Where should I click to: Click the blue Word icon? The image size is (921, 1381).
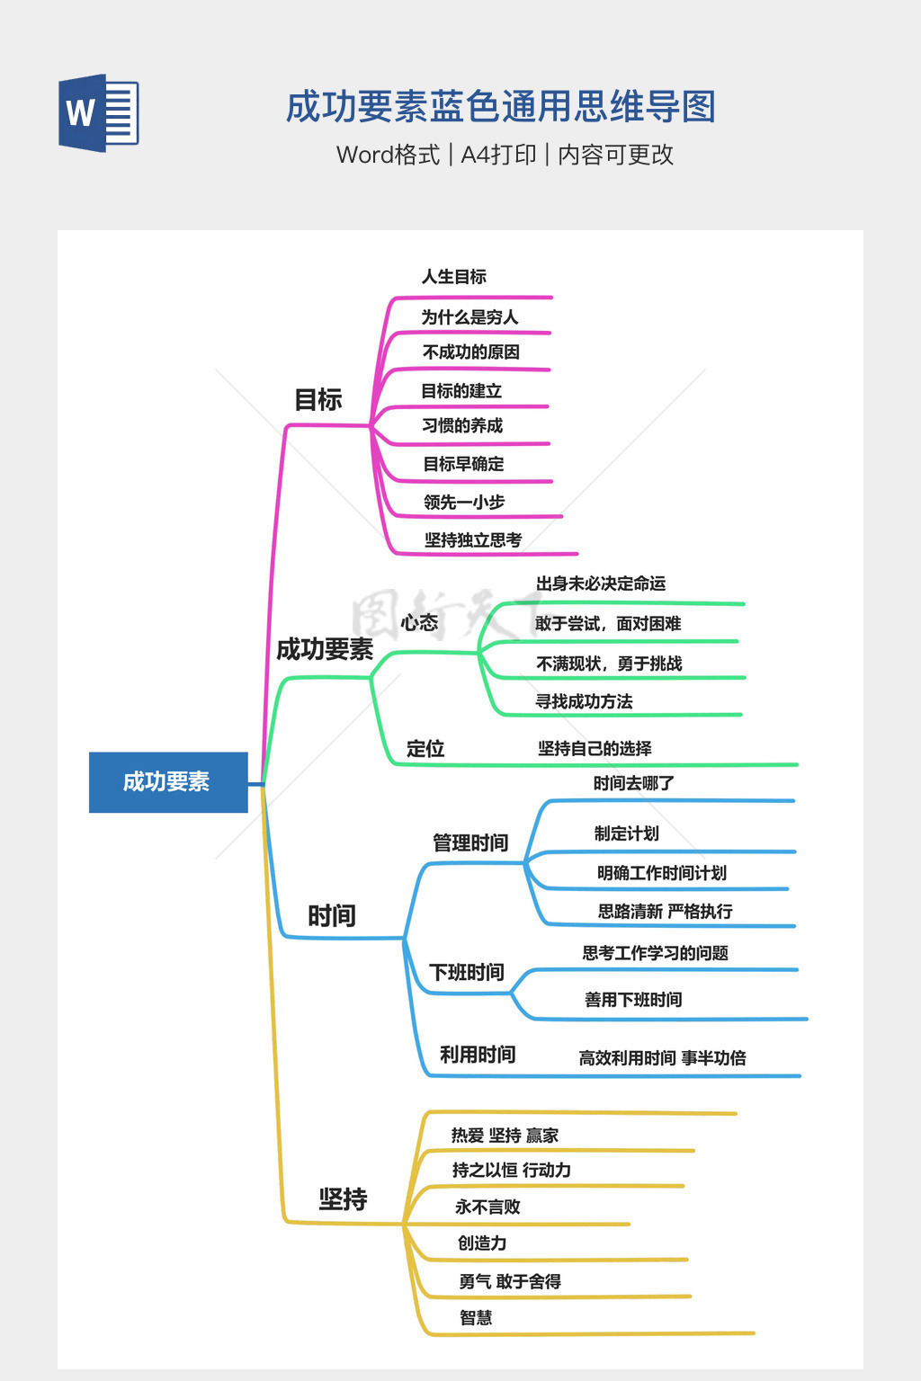[99, 113]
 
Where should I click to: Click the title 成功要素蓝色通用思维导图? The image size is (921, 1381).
[500, 107]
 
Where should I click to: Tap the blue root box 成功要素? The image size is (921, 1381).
[168, 782]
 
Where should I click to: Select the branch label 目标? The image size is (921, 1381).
[318, 400]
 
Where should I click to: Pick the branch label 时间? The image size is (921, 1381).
[332, 916]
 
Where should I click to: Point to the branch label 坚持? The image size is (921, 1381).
[343, 1199]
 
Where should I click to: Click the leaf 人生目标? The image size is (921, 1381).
[454, 277]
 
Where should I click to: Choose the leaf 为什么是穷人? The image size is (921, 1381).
[469, 317]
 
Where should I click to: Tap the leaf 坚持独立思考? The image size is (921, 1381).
[473, 540]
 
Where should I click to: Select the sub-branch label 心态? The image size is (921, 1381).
[419, 622]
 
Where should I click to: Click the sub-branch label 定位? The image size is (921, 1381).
[425, 749]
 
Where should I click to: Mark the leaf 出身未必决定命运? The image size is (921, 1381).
[601, 584]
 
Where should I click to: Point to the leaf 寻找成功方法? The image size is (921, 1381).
[584, 702]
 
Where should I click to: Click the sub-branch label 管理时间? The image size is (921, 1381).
[470, 843]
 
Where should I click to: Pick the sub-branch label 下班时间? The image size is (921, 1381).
[467, 973]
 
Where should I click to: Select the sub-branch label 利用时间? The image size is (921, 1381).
[478, 1055]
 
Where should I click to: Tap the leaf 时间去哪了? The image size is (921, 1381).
[633, 784]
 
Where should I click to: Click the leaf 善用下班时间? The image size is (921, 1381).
[633, 1000]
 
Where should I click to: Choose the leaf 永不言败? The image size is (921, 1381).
[487, 1207]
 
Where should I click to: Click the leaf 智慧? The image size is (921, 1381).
[476, 1318]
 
